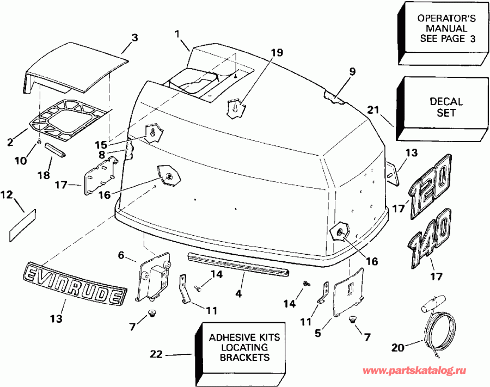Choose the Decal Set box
(446, 107)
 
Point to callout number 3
(135, 38)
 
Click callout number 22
(156, 355)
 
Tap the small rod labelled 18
(57, 150)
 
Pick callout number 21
(372, 110)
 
